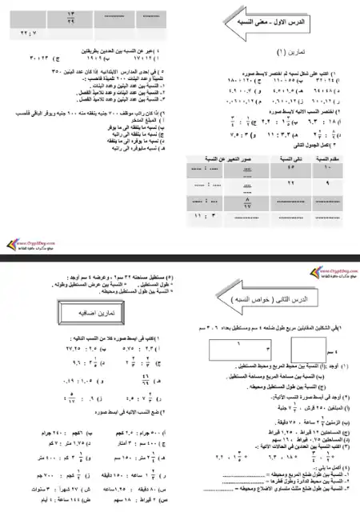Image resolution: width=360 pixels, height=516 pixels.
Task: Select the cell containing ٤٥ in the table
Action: click(287, 170)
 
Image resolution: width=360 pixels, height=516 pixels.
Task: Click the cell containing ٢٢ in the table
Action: click(287, 185)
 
